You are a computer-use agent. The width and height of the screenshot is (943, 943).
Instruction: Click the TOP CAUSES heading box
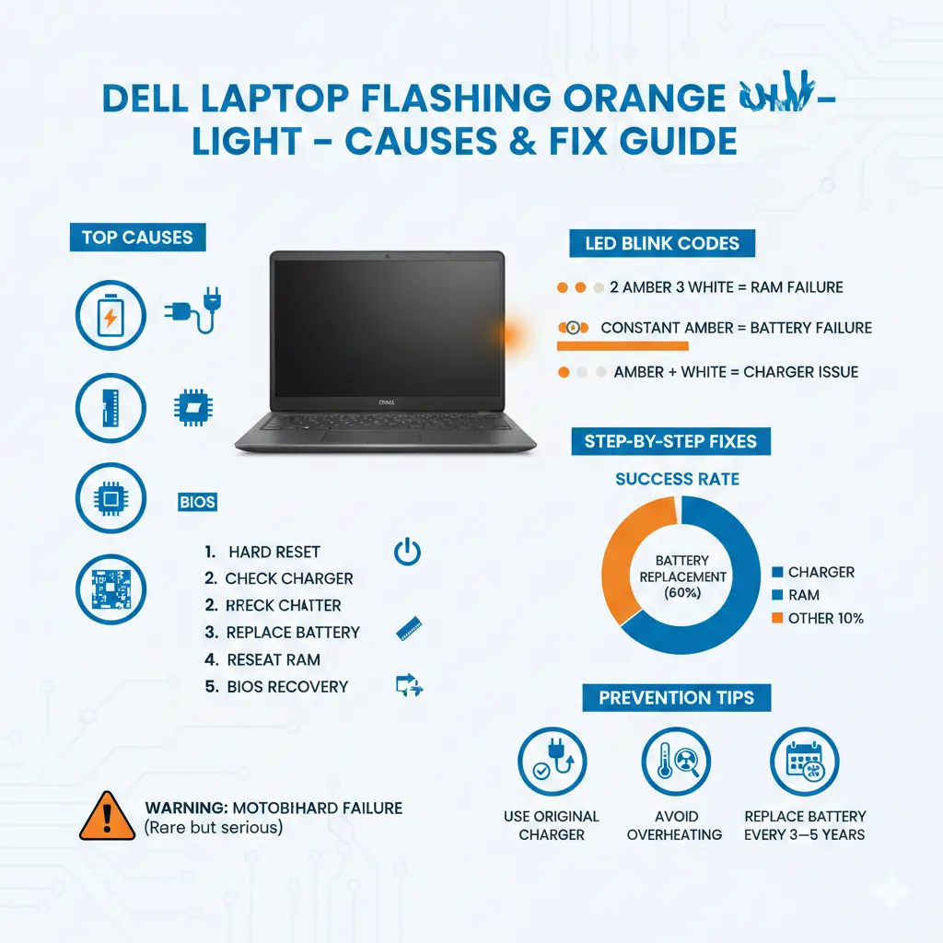click(137, 238)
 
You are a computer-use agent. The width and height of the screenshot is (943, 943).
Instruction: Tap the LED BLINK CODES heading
click(662, 244)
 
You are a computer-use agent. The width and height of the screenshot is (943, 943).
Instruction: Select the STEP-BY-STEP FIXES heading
click(670, 441)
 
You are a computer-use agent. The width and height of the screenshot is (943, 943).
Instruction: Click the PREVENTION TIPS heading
click(676, 697)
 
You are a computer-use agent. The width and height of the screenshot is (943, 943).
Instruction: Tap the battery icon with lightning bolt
click(110, 317)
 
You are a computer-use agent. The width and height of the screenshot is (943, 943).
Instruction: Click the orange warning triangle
click(108, 816)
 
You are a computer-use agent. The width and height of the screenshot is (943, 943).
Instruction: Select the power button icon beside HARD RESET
click(407, 553)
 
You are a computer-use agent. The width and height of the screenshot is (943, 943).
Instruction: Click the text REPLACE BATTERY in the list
click(293, 633)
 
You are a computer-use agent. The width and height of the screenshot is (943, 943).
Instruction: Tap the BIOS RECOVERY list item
click(287, 686)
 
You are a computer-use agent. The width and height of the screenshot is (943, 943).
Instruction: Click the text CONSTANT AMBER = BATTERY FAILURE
click(736, 328)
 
